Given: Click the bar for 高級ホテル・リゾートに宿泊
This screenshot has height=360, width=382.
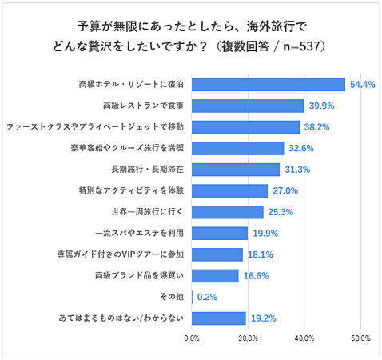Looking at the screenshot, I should coord(269,84).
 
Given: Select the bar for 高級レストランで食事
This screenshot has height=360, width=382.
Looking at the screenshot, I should coord(248,106).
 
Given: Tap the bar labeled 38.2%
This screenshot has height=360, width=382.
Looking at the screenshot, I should coord(245,126).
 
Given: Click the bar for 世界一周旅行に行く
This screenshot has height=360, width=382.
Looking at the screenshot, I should coord(228,212).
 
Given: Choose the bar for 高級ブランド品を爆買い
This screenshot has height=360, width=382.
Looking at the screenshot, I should coord(215,276).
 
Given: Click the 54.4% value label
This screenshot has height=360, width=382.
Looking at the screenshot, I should coord(362,84).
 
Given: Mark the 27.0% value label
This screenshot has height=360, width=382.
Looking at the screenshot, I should coord(285,190).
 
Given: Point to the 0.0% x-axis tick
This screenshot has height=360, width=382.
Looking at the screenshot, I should coord(192,338).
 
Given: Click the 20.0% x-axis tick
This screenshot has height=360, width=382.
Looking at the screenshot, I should coord(248,338).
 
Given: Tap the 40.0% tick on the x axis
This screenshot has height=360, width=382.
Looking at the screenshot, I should coord(304,338).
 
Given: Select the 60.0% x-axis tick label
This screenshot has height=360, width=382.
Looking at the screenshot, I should coord(360,338).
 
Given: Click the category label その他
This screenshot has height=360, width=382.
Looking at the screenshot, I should coord(173,297).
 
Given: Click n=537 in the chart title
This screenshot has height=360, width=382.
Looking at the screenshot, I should coord(300,46).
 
